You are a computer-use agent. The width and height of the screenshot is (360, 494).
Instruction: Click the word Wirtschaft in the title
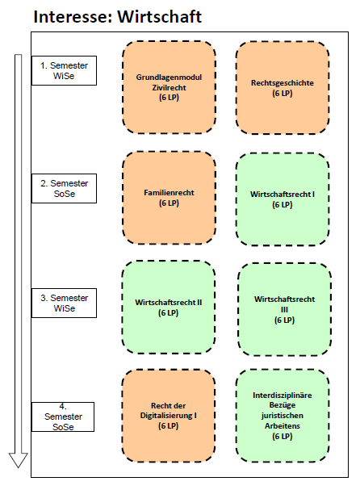point(160,17)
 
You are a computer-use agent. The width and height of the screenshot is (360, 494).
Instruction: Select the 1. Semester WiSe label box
point(64,70)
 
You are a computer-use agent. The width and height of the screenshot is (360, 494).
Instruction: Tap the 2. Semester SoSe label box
point(64,188)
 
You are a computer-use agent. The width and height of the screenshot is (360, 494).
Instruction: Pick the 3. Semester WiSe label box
point(64,303)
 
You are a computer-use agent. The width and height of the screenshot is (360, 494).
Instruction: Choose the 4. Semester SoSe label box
point(63,417)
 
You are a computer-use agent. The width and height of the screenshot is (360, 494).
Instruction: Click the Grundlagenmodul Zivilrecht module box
point(170,87)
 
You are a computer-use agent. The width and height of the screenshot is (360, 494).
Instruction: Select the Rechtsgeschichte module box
point(283,88)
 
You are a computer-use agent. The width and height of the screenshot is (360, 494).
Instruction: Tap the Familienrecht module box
point(170,198)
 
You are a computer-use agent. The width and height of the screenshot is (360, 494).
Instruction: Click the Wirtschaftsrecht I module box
point(283,199)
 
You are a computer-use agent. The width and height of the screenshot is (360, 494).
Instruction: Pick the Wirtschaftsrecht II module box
point(169,308)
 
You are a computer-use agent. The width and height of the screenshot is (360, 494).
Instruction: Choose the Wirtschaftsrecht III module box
point(284,309)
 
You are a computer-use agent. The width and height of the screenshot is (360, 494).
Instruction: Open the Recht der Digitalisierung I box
point(169,416)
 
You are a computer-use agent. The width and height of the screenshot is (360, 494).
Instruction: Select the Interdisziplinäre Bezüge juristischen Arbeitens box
point(283,416)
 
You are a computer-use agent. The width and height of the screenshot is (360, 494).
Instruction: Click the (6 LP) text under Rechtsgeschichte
point(283,94)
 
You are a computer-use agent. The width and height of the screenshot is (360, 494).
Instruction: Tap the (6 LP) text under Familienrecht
point(169,203)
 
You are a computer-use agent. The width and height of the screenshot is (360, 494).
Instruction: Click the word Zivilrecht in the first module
point(170,88)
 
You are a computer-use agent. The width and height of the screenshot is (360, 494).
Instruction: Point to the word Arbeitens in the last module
point(283,426)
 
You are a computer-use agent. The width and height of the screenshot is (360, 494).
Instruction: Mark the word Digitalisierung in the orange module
point(166,416)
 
